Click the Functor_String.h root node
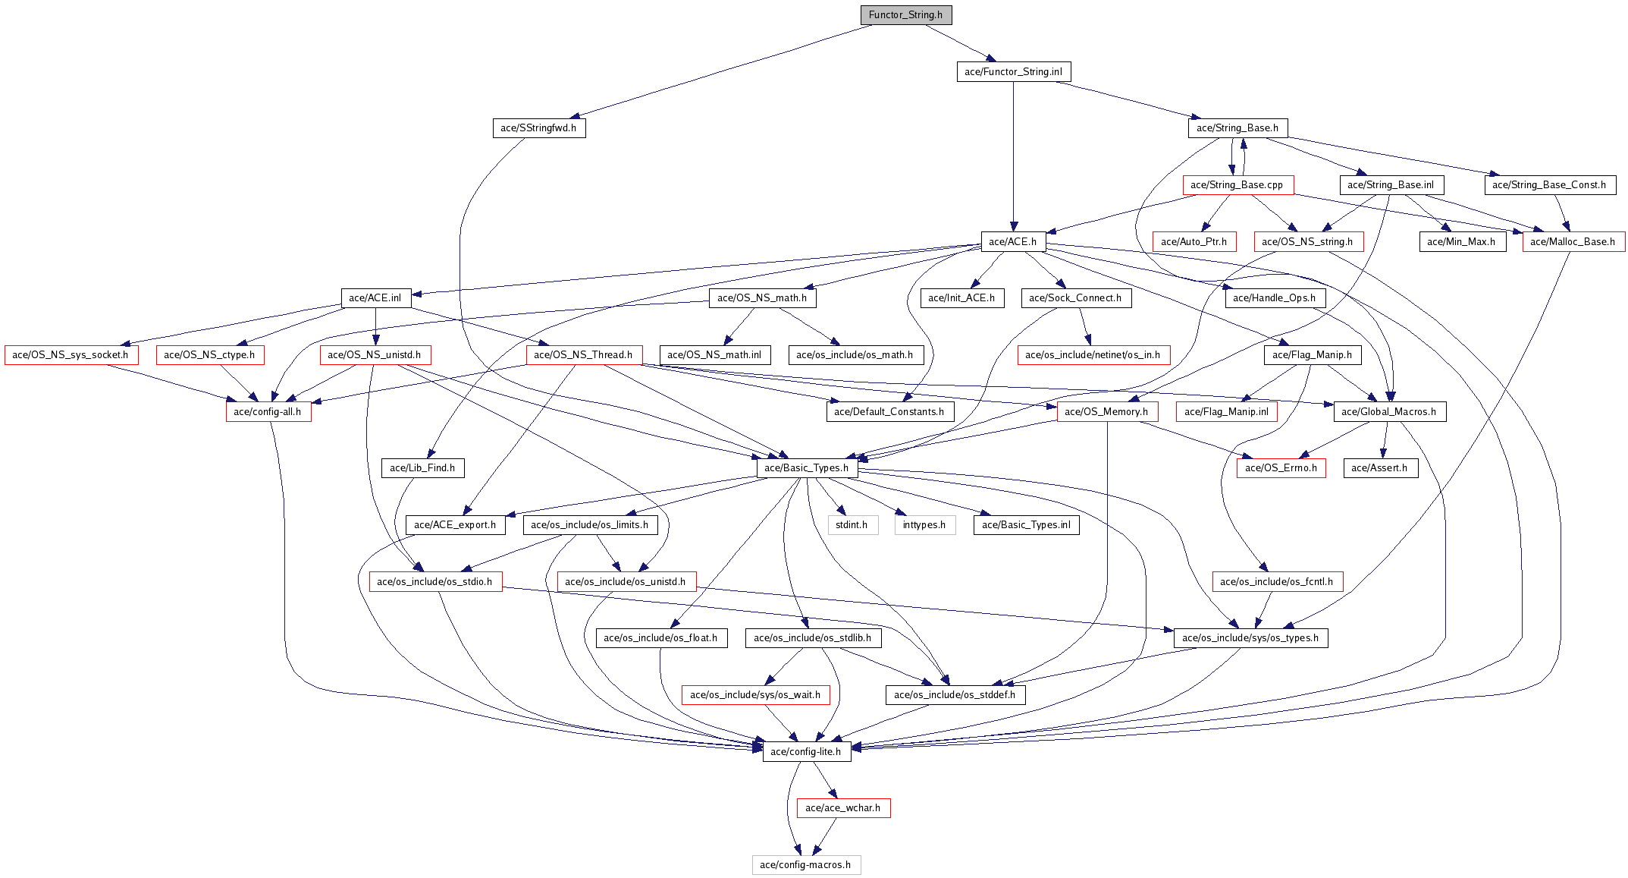[x=905, y=15]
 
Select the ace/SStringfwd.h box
[x=538, y=128]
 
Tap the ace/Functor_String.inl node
[x=1013, y=72]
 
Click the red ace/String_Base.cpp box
[x=1237, y=185]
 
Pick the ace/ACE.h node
[x=1013, y=242]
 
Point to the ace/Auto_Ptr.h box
[x=1194, y=242]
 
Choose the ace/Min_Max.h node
[x=1461, y=242]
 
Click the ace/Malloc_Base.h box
[x=1573, y=242]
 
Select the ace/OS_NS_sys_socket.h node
[x=71, y=355]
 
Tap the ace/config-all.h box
[x=268, y=412]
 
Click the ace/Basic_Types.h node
[x=807, y=468]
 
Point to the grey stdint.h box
[x=852, y=525]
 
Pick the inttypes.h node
[x=924, y=525]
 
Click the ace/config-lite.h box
[x=806, y=752]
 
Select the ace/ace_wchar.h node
[x=843, y=808]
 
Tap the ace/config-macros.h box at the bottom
[x=806, y=865]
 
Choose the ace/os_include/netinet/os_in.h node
[x=1093, y=355]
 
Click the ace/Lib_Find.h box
[x=422, y=468]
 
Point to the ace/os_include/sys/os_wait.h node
[x=755, y=695]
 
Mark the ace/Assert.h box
[x=1379, y=468]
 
